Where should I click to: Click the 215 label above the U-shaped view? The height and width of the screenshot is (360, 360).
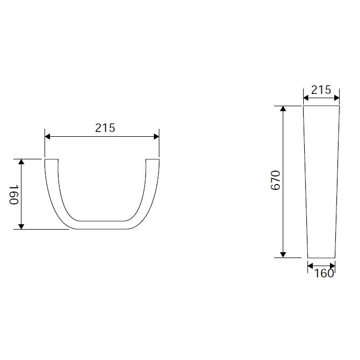click(105, 128)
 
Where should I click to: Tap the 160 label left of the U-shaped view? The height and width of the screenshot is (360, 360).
click(13, 195)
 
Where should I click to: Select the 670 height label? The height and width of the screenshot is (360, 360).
click(276, 180)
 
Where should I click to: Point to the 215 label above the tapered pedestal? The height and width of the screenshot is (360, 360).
click(321, 90)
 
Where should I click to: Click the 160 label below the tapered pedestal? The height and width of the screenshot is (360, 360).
click(324, 274)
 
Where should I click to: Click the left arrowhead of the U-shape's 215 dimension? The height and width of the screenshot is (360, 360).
click(48, 137)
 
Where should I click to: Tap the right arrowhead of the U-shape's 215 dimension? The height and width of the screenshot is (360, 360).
click(156, 137)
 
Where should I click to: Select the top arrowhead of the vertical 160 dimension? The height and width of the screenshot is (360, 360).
click(21, 161)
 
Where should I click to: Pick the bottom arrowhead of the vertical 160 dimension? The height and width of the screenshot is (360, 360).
click(21, 226)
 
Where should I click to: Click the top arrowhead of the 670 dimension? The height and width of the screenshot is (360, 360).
click(283, 108)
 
